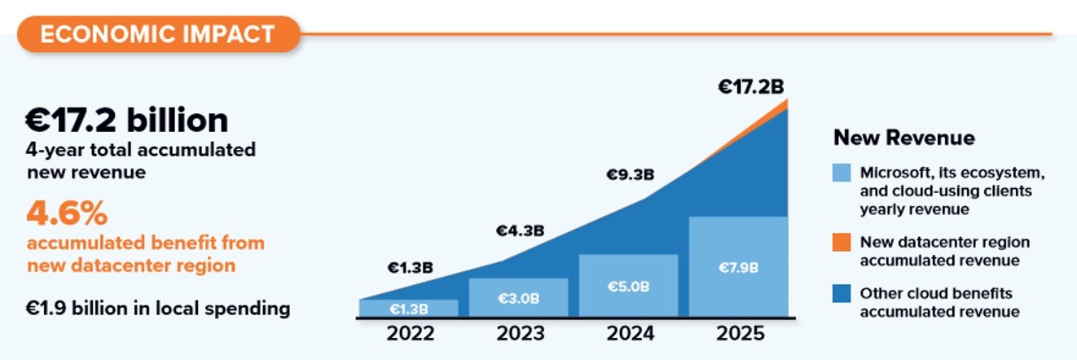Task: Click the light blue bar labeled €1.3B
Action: [x=408, y=309]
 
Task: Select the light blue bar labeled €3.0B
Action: [x=518, y=298]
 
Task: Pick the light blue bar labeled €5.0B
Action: [x=628, y=286]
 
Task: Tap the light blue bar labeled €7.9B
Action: [x=739, y=266]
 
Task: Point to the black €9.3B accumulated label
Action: [x=631, y=174]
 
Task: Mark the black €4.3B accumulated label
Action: [x=521, y=230]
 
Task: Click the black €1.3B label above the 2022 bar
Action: [x=409, y=267]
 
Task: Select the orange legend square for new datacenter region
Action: [x=842, y=243]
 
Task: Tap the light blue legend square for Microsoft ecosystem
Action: [x=842, y=173]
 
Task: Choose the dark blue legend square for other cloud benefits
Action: [x=842, y=292]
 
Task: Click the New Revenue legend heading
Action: [x=903, y=138]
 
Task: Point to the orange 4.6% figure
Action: [x=68, y=214]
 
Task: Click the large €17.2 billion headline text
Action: [x=126, y=121]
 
